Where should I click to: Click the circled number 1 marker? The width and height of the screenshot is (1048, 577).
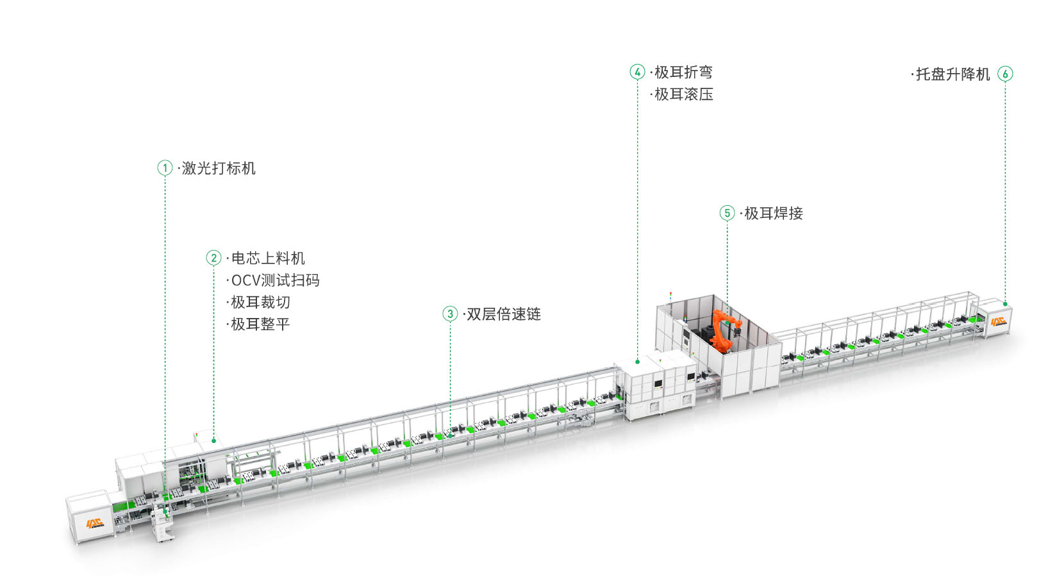(x=165, y=168)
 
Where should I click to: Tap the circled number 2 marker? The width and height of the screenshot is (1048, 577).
(x=213, y=258)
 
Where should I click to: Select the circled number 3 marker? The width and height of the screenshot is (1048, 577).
(x=450, y=314)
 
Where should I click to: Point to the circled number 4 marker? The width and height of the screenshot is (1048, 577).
(x=637, y=72)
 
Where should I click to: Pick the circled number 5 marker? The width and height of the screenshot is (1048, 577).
(x=727, y=213)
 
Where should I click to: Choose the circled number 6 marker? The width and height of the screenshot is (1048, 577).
(x=1005, y=74)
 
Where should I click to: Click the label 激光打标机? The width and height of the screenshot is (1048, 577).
(x=219, y=169)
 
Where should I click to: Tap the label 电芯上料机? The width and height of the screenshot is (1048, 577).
(x=268, y=258)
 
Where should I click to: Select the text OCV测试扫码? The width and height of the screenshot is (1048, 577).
(x=275, y=280)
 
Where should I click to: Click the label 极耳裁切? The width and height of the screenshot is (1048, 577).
(x=260, y=302)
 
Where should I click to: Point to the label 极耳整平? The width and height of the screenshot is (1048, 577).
(x=260, y=324)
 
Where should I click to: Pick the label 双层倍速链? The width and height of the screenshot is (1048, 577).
(x=504, y=314)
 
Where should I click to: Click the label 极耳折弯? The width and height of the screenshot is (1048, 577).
(x=683, y=72)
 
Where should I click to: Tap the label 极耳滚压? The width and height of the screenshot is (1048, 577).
(x=683, y=94)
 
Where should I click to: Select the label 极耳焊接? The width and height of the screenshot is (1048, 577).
(x=773, y=213)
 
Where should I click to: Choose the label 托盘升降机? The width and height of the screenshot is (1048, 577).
(x=953, y=74)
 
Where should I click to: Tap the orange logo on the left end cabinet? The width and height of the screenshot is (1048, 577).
(x=95, y=523)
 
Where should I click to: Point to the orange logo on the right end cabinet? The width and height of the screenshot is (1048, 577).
(x=997, y=321)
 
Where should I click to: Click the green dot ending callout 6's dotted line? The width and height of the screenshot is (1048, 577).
(x=1005, y=303)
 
